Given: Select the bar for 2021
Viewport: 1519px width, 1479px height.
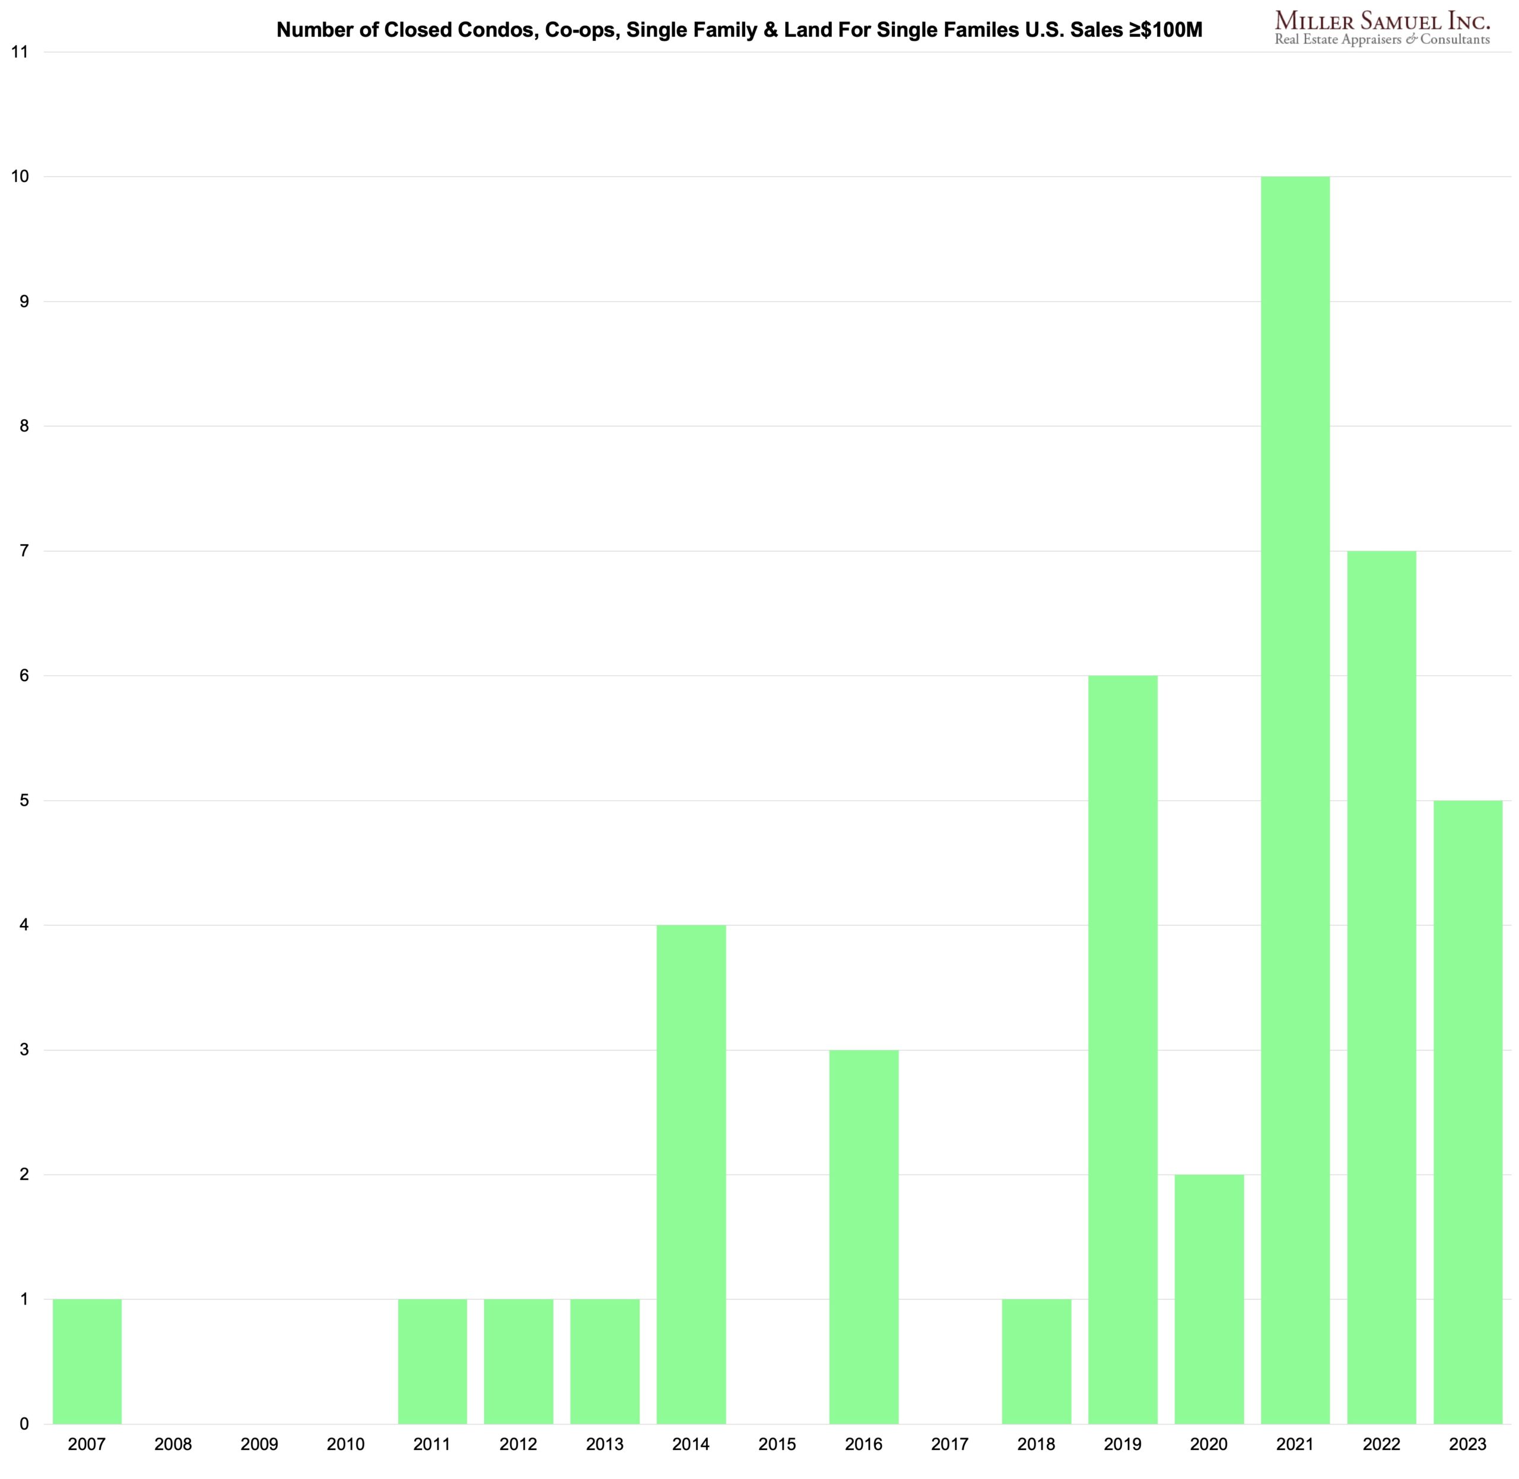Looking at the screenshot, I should [1295, 800].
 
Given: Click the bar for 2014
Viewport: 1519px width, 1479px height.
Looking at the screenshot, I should [691, 1173].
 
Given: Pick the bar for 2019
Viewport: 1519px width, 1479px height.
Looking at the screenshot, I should [1122, 1049].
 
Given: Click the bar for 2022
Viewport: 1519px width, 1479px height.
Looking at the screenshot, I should [1381, 987].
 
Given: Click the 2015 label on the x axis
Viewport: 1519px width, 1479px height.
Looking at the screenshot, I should [777, 1444].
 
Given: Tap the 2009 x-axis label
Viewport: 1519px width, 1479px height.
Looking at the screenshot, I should [259, 1444].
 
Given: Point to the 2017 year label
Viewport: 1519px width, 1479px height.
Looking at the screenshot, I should [949, 1444].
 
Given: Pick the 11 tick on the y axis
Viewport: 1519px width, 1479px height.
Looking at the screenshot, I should [20, 52].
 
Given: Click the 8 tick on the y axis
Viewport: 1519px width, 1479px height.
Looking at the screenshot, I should [24, 426].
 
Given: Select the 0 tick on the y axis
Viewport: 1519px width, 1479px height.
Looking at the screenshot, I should [24, 1424].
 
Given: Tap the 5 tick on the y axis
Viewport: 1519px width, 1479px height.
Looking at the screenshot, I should [24, 800].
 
